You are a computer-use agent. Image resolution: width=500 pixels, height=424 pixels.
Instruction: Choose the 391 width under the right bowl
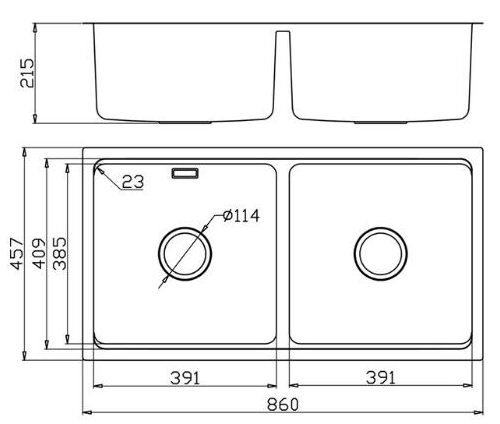(380, 377)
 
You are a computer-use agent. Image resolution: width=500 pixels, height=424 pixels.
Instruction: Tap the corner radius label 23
(133, 181)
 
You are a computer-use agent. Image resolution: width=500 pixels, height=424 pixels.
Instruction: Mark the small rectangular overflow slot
(186, 174)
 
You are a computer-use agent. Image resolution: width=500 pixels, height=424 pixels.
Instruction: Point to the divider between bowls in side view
(283, 70)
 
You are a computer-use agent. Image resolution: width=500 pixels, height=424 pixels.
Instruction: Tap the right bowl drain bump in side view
(381, 121)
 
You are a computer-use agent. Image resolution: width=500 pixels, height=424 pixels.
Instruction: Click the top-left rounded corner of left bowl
(98, 169)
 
